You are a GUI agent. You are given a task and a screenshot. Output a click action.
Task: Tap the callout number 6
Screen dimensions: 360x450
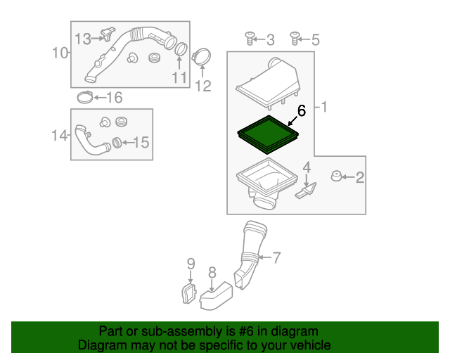click(x=302, y=111)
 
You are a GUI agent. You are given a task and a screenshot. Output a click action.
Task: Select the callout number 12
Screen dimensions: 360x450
click(x=202, y=86)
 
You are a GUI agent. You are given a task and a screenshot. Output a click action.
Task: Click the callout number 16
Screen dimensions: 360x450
click(x=113, y=97)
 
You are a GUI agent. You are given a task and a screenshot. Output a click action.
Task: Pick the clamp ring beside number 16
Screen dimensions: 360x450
click(x=84, y=97)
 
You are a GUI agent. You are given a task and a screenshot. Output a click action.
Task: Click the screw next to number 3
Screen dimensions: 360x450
click(x=249, y=39)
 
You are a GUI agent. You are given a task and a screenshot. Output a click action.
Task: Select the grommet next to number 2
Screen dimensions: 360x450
click(x=337, y=176)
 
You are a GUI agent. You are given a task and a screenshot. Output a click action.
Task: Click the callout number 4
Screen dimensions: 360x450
click(x=307, y=167)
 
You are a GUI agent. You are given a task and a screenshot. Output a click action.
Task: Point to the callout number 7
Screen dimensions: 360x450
click(x=276, y=258)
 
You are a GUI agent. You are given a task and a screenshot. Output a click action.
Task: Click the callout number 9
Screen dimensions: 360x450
click(x=190, y=264)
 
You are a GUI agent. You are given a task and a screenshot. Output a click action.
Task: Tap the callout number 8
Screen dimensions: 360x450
click(x=212, y=271)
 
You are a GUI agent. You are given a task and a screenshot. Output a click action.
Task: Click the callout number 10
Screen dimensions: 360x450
click(x=60, y=52)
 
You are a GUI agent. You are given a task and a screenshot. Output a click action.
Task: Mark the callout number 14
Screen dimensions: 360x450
click(x=60, y=134)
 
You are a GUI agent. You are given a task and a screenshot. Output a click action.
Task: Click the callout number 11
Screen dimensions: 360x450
click(x=180, y=77)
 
